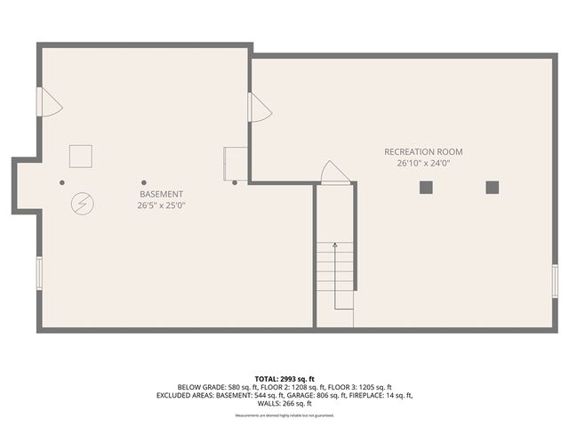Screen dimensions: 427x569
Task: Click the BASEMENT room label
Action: click(x=162, y=194)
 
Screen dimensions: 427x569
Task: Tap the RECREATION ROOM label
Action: click(x=423, y=152)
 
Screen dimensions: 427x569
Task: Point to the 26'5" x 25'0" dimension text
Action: click(x=162, y=205)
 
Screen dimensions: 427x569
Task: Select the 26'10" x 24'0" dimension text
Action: click(x=423, y=164)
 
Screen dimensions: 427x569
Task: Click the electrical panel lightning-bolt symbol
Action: click(x=81, y=204)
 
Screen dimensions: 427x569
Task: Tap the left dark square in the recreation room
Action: click(x=426, y=187)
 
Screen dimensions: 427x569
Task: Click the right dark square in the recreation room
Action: click(x=492, y=187)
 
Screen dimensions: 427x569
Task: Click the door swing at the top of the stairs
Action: click(x=334, y=173)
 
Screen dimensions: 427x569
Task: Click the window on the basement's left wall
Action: click(x=39, y=272)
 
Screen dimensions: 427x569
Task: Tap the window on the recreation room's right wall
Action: click(x=554, y=281)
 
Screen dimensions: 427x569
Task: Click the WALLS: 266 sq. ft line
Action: click(x=284, y=403)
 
